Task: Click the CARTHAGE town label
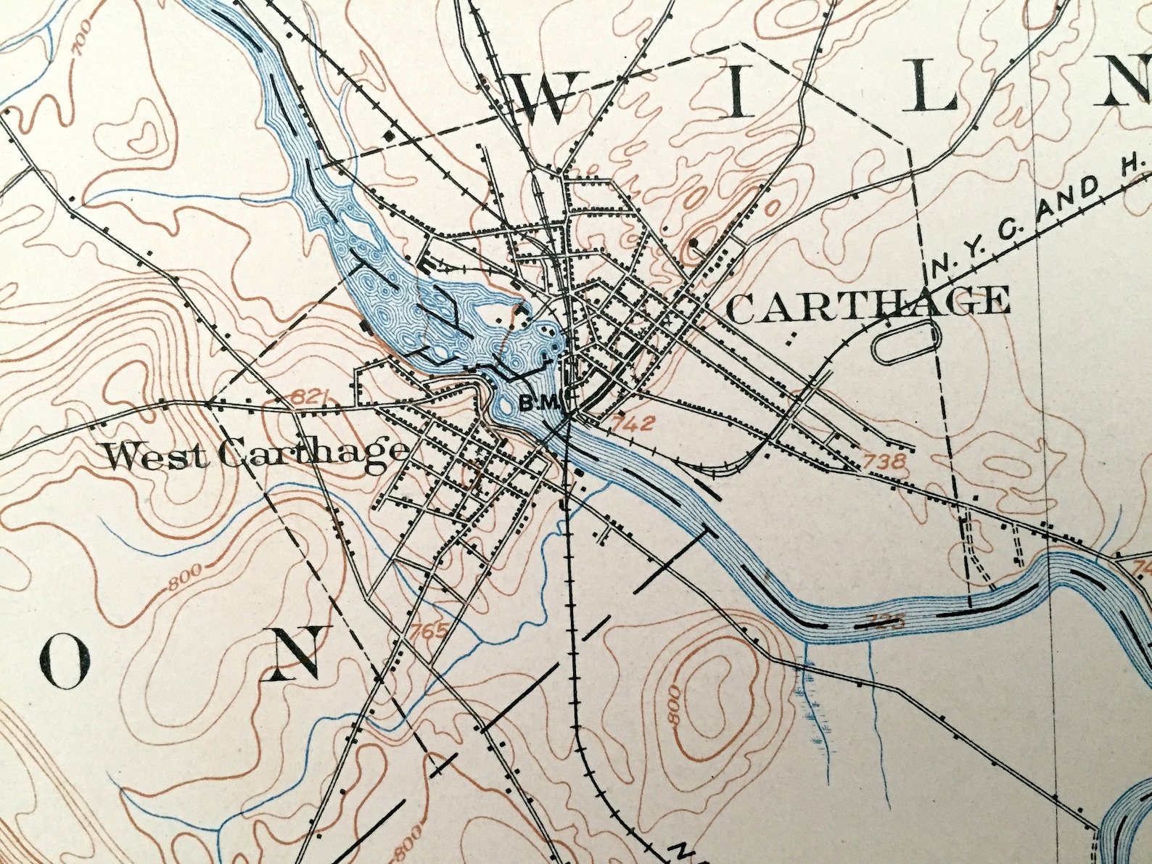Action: coord(868,303)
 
